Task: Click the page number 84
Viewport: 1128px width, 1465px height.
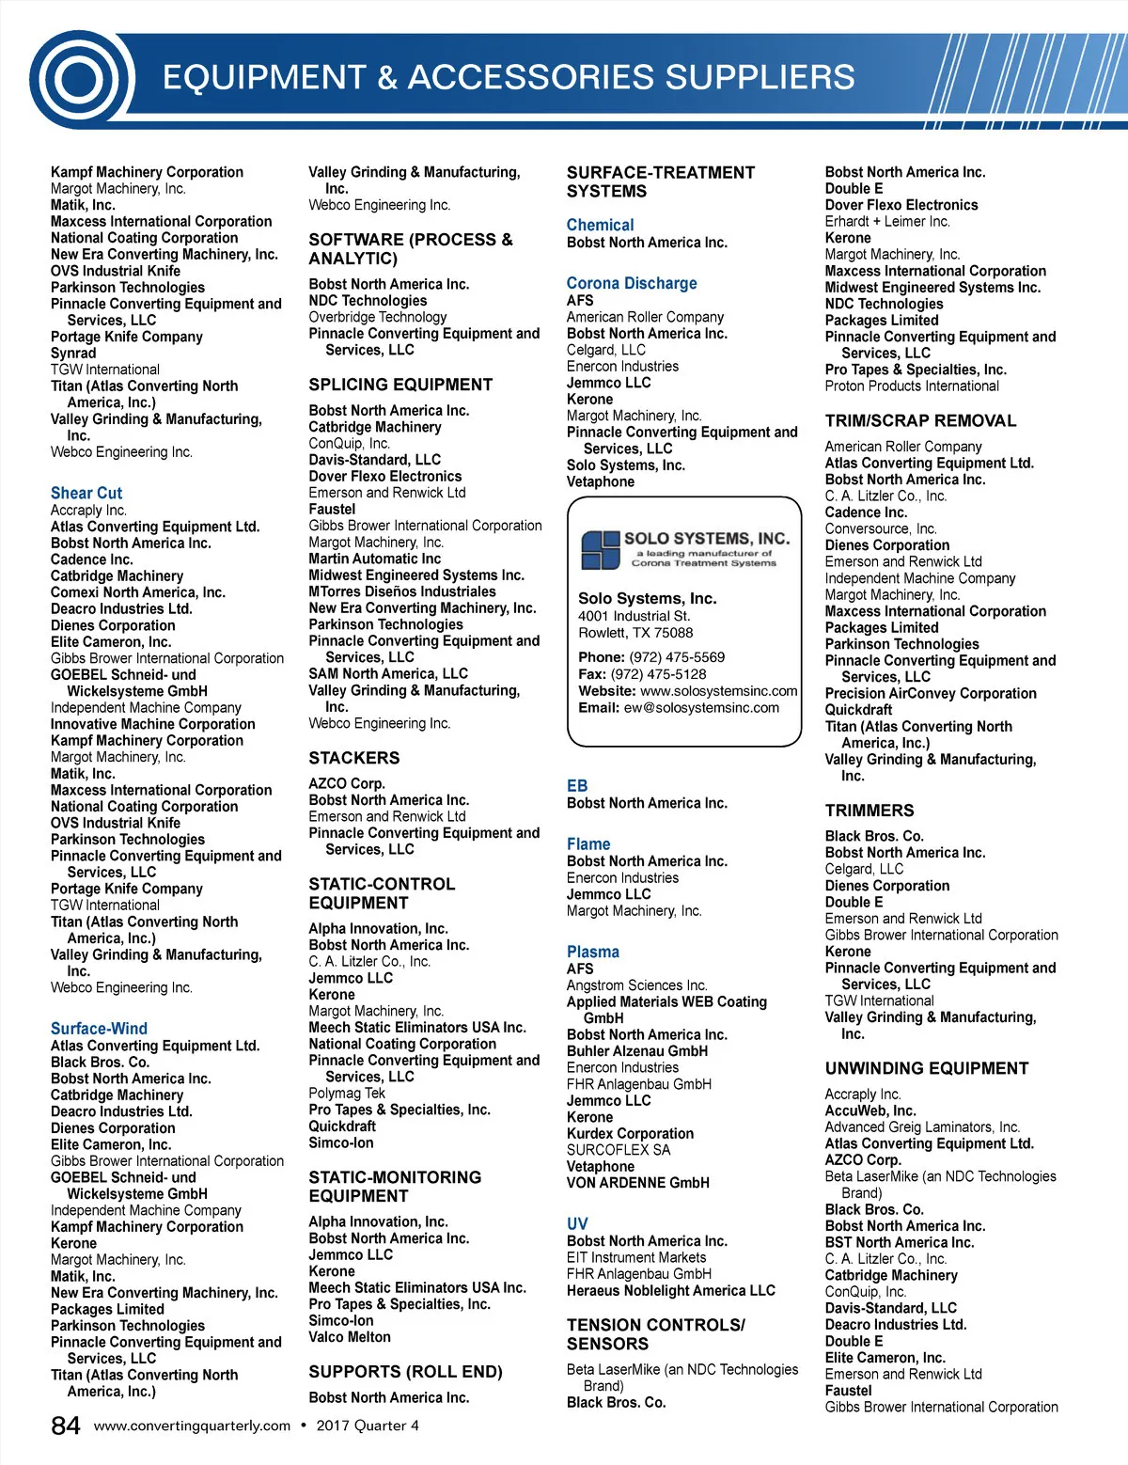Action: (66, 1426)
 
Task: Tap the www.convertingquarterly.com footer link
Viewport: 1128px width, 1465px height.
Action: (192, 1426)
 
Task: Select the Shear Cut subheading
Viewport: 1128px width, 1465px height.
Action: (86, 493)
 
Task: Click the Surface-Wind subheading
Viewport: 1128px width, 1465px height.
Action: (99, 1029)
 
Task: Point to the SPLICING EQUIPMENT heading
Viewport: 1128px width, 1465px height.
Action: (400, 385)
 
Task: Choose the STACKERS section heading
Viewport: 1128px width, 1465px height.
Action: (354, 758)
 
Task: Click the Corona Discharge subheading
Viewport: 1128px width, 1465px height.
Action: (632, 283)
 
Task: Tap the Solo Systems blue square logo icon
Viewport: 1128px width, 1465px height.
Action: (600, 550)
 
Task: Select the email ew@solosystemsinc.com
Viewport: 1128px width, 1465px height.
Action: (701, 708)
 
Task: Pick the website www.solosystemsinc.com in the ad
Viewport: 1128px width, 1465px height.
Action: (719, 691)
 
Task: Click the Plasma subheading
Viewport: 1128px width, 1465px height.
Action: (593, 952)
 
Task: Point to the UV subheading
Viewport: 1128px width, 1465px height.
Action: (577, 1223)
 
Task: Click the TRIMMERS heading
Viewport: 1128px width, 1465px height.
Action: (869, 811)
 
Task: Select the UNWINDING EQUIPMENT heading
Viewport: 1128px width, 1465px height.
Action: (927, 1068)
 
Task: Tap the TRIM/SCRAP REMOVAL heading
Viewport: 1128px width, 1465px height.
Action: (920, 420)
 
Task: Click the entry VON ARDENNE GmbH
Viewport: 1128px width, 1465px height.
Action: (638, 1183)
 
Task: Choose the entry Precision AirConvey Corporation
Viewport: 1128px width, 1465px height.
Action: (931, 693)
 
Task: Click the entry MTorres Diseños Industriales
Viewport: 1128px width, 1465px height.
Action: (402, 591)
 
